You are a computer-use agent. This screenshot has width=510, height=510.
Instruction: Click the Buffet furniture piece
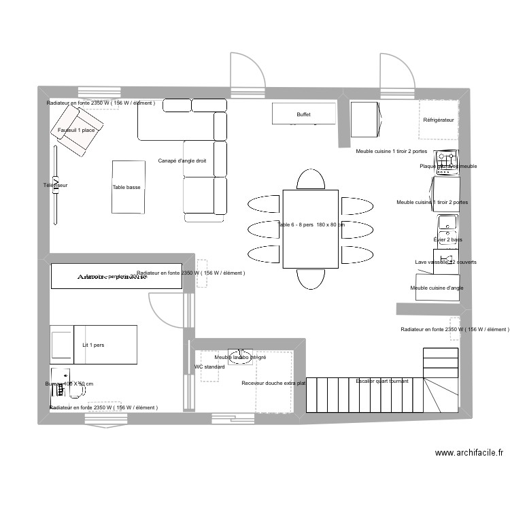303,114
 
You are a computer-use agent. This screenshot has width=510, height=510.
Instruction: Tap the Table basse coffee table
128,186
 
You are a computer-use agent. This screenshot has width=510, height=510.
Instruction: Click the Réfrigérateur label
438,120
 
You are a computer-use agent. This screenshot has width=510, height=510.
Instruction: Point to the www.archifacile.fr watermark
469,453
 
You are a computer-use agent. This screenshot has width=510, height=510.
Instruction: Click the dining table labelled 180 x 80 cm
310,229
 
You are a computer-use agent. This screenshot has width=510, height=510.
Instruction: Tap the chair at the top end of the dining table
310,180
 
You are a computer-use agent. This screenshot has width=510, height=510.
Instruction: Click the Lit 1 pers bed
93,345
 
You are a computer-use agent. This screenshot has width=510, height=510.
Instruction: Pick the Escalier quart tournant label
382,381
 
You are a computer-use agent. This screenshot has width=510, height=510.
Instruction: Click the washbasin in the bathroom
239,358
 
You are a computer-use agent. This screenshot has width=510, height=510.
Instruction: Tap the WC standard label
209,367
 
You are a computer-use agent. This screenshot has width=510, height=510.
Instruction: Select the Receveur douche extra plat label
273,383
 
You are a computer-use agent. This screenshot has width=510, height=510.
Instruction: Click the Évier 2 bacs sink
447,223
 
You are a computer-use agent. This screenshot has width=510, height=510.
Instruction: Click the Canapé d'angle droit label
182,161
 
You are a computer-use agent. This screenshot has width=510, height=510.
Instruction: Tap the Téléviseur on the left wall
56,185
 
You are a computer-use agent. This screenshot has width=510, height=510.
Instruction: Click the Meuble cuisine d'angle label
437,288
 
